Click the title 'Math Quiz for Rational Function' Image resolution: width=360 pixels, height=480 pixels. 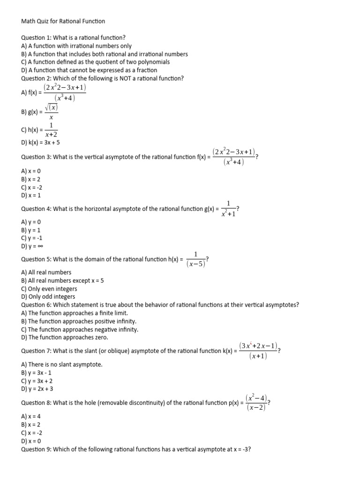(63, 21)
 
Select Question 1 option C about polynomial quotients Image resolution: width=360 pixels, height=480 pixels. (95, 62)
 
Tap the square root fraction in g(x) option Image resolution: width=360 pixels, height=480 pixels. (51, 112)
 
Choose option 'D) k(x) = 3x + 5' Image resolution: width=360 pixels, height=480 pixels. (41, 142)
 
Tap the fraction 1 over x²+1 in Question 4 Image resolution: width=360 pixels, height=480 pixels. (228, 209)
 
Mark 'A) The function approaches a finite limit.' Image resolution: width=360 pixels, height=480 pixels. (75, 313)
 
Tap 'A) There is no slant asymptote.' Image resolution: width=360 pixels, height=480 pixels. (61, 364)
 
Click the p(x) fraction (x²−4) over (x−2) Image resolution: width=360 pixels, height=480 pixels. (256, 403)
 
